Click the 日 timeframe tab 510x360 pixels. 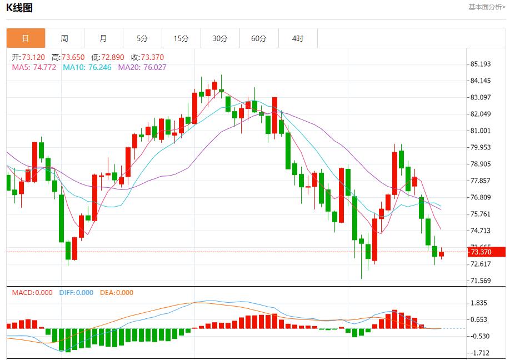[26, 38]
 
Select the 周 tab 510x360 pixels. [64, 38]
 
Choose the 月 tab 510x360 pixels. [103, 38]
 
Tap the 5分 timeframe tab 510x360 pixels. [142, 38]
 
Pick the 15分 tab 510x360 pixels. [181, 38]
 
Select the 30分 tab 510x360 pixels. [220, 38]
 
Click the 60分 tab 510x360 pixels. [259, 38]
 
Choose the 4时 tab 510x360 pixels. [298, 38]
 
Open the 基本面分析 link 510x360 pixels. [487, 7]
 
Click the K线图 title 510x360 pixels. [19, 8]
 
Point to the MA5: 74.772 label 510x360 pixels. [34, 67]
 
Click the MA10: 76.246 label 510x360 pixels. [87, 67]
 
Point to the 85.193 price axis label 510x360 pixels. [481, 64]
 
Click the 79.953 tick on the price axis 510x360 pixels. [481, 147]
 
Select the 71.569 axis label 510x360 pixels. [481, 281]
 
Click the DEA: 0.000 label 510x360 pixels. [117, 293]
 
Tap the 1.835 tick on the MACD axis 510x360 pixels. [479, 303]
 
